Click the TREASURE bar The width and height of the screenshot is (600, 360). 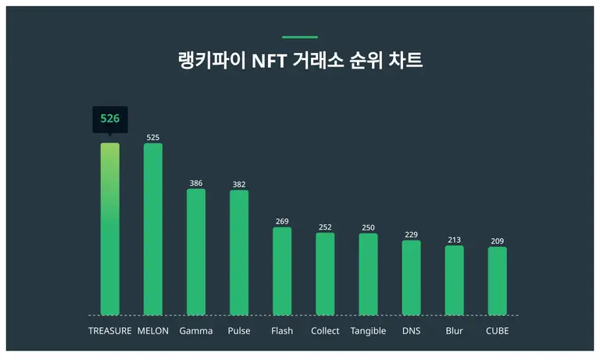(x=110, y=229)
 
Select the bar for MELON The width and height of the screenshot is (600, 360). (x=153, y=229)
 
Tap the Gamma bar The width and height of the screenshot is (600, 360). (x=196, y=251)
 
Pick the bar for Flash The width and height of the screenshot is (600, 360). (x=282, y=271)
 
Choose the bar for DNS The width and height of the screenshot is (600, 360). (x=411, y=277)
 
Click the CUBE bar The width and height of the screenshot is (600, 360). (x=497, y=281)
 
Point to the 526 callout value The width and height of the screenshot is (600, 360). (x=110, y=119)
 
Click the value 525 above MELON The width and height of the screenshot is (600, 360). (x=153, y=137)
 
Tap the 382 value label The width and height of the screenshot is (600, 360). (x=239, y=184)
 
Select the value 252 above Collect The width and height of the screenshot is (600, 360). (x=325, y=227)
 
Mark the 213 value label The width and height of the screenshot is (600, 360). (x=454, y=240)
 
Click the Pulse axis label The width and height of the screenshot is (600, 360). (x=239, y=331)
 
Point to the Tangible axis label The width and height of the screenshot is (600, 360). (x=368, y=331)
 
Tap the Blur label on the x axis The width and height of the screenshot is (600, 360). (x=454, y=331)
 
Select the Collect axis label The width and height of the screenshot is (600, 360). (x=325, y=331)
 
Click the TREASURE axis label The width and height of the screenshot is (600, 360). (x=110, y=331)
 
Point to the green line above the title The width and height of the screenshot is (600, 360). (x=300, y=37)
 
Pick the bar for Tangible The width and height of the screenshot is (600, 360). (x=368, y=274)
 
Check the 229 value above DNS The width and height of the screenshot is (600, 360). (x=411, y=235)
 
